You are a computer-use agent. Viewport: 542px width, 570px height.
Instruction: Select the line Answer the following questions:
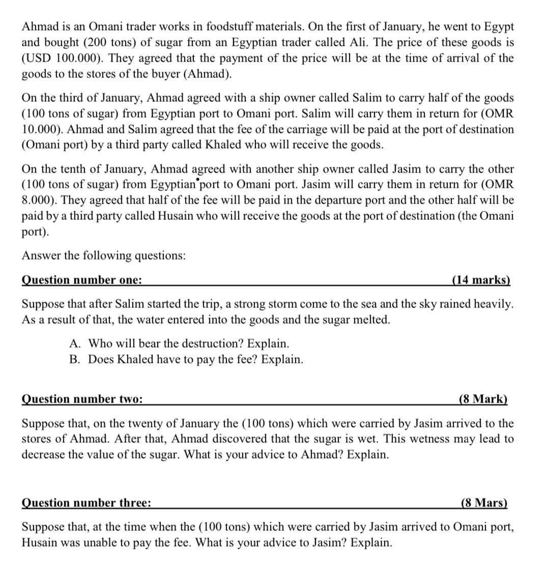(x=103, y=255)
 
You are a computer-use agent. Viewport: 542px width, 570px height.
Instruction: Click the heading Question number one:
(x=82, y=280)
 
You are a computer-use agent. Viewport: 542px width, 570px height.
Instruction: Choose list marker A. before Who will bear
(x=75, y=344)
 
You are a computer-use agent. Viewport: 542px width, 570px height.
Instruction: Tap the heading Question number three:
(x=86, y=503)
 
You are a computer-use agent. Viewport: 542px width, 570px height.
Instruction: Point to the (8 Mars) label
(x=483, y=503)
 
